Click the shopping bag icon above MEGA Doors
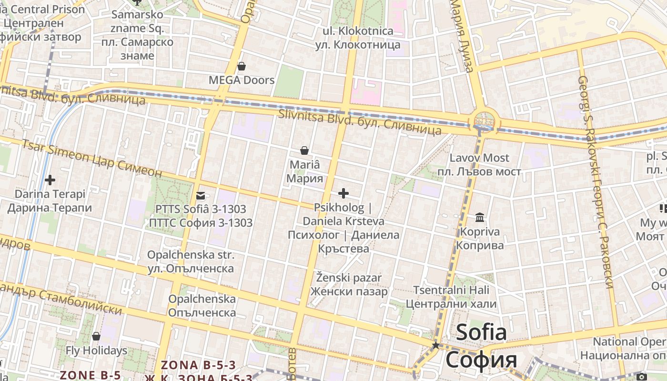click(x=242, y=66)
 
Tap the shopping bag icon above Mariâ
click(x=304, y=150)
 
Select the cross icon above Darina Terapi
click(x=50, y=180)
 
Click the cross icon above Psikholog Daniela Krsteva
click(x=343, y=193)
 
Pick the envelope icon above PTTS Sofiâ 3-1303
click(x=200, y=195)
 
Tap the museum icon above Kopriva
click(x=480, y=218)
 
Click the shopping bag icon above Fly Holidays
click(x=96, y=336)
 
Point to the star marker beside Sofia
click(x=435, y=345)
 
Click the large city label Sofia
click(x=481, y=332)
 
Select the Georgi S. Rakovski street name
click(x=596, y=181)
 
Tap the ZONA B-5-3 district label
click(x=198, y=365)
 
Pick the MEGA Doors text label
click(x=242, y=80)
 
